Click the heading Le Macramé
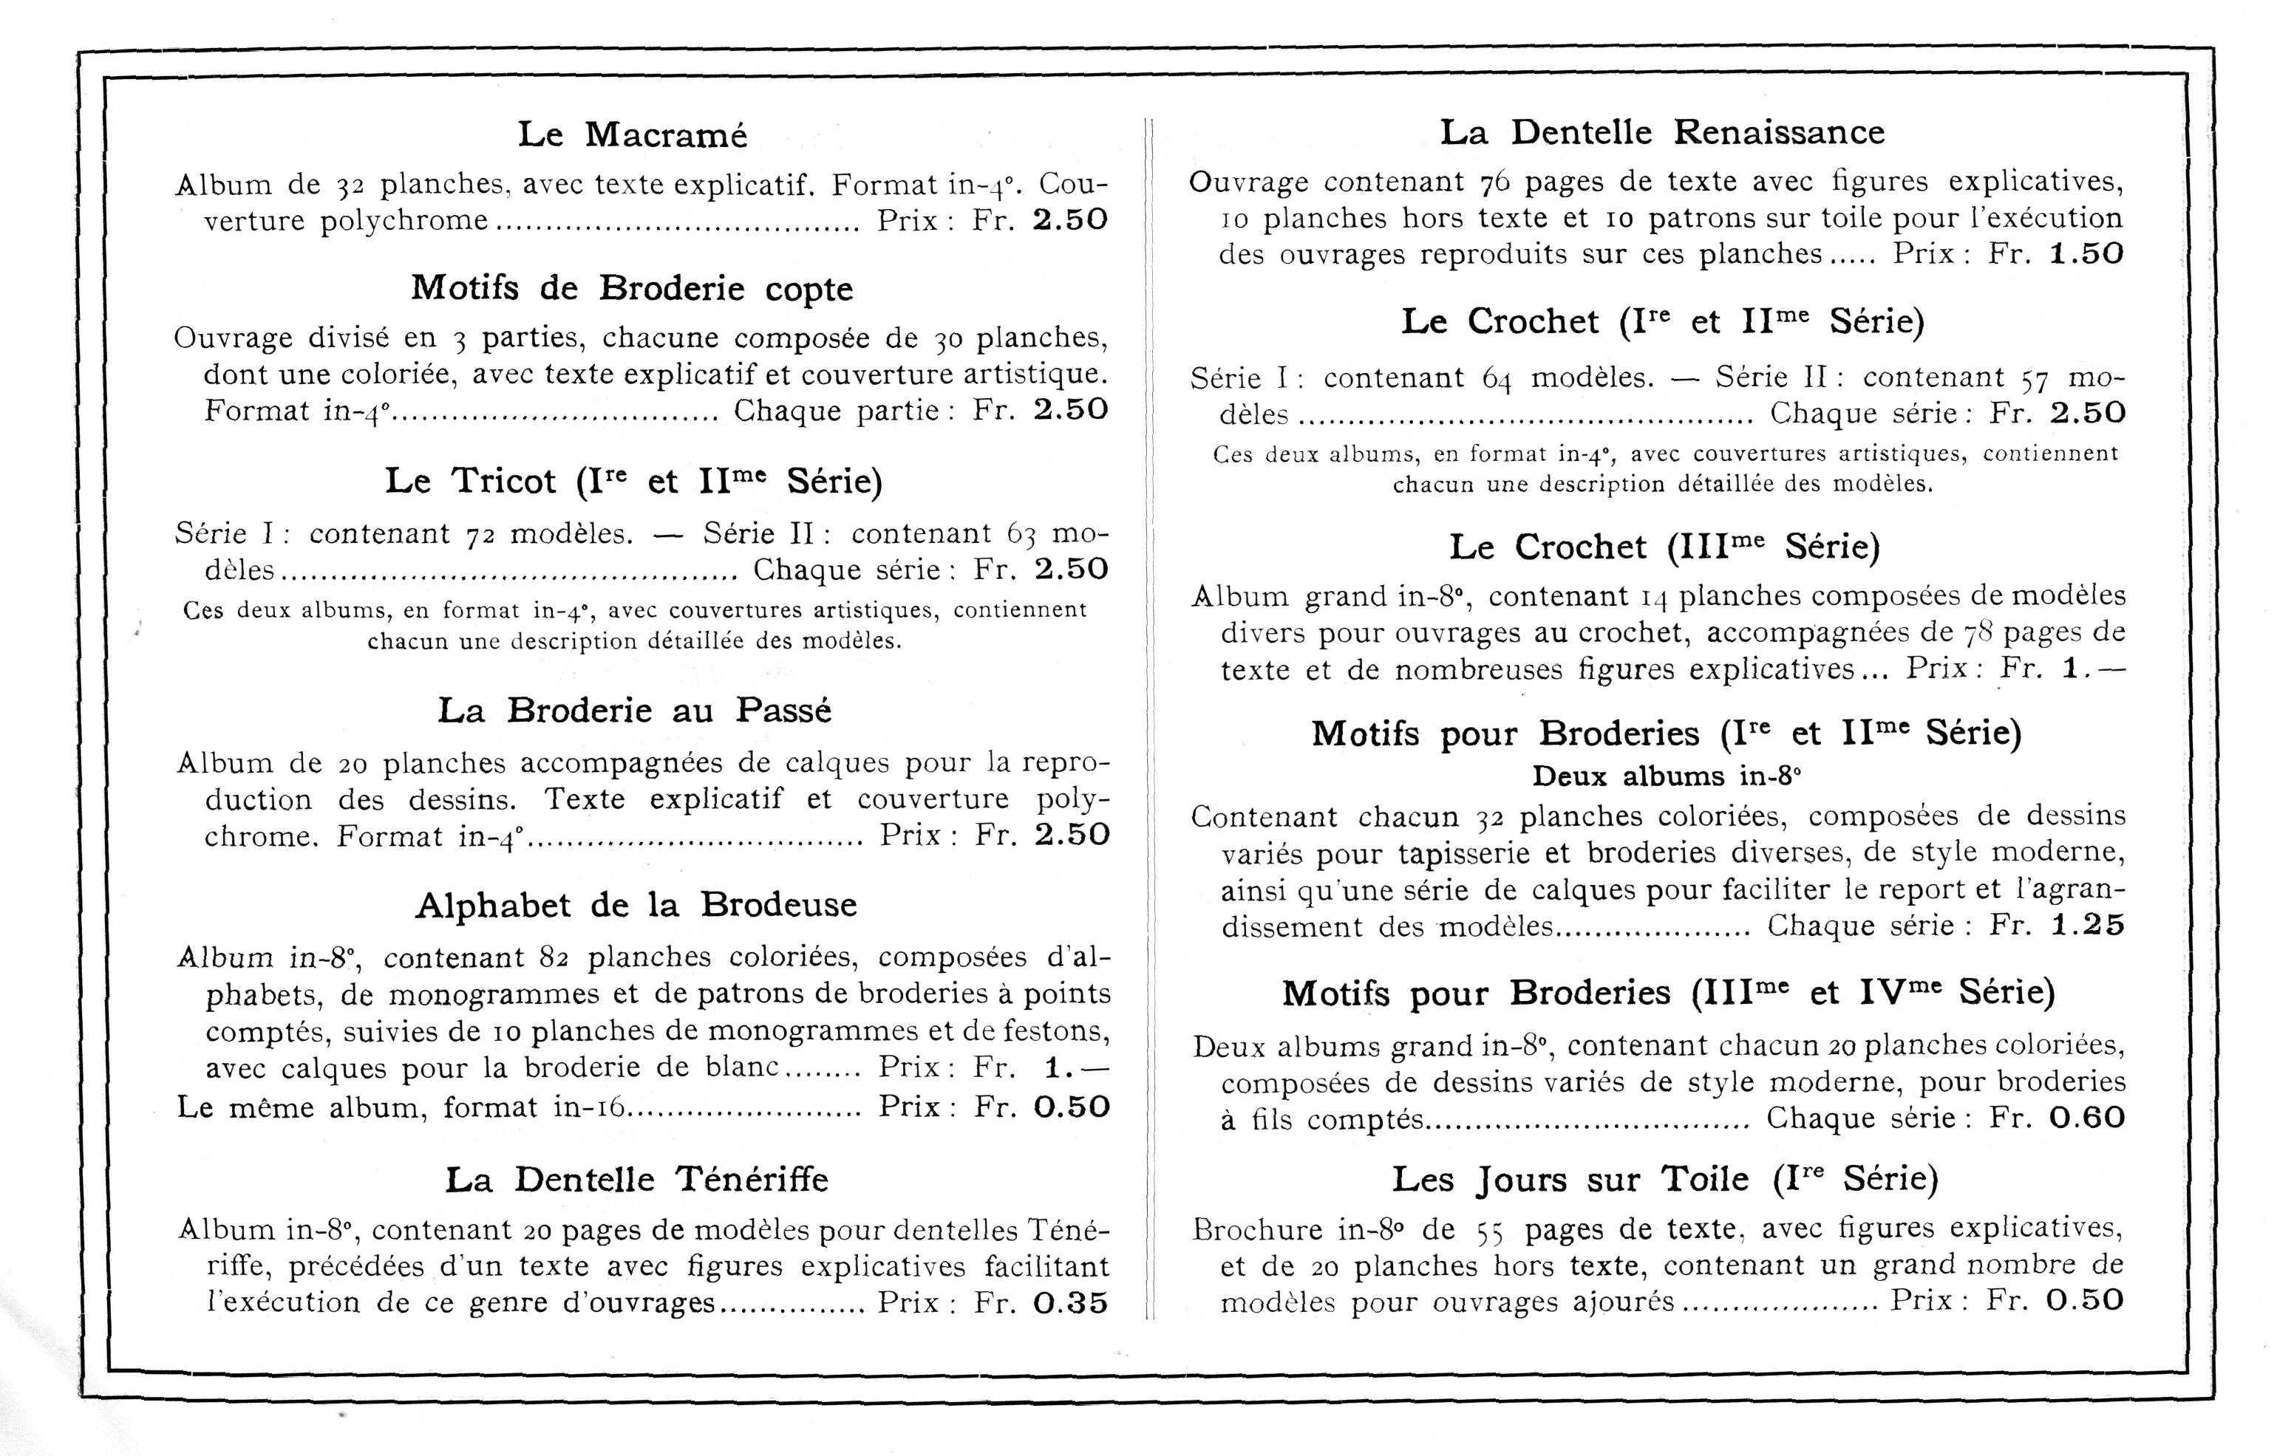tap(632, 135)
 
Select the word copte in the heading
tap(809, 290)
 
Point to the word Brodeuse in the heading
tap(778, 905)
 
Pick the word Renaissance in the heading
tap(1779, 132)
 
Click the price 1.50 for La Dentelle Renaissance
tap(2086, 254)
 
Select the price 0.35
tap(1070, 1304)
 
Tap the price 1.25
tap(2088, 926)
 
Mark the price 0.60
tap(2087, 1118)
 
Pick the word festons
tap(1063, 1031)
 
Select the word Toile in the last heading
tap(1705, 1179)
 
